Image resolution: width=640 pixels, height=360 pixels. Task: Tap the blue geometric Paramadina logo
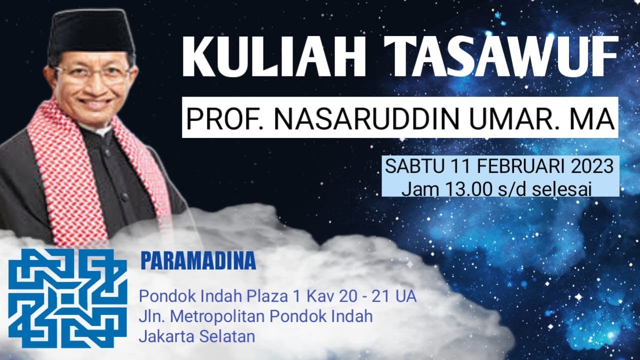pyautogui.click(x=67, y=297)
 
